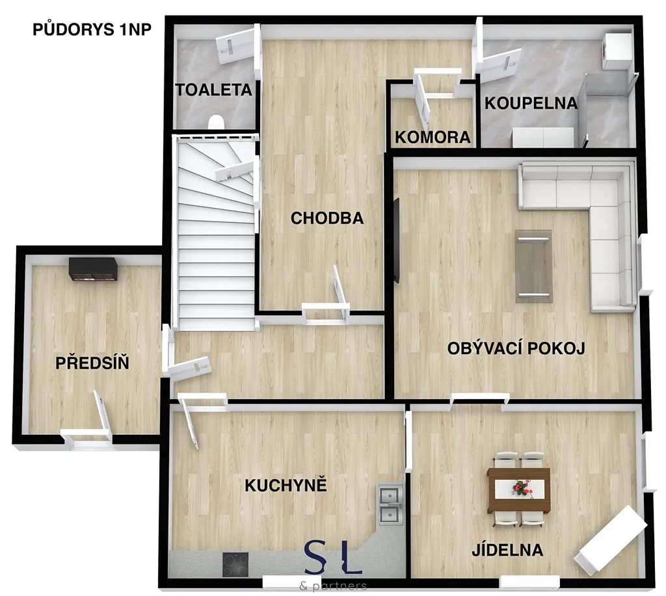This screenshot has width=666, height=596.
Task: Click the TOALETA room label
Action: point(213,90)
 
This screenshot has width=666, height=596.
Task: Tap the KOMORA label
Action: point(433,137)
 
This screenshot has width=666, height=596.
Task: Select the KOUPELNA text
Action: point(531,103)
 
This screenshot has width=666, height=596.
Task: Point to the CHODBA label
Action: point(327,218)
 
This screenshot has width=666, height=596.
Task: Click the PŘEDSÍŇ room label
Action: point(92,363)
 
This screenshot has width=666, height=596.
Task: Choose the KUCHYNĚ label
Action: point(286,486)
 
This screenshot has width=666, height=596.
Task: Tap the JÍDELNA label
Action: point(507,550)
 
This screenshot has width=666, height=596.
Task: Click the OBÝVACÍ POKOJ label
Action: point(516,348)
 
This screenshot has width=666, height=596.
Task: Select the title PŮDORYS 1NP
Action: point(92,29)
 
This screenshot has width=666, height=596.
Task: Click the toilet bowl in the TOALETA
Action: point(216,122)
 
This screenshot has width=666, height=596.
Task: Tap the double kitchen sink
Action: point(390,504)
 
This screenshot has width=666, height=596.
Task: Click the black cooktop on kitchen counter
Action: point(235,565)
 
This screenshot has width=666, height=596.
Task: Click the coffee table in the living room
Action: point(534,266)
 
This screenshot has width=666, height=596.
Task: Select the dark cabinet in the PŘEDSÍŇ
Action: point(94,270)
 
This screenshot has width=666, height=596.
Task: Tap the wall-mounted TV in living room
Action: point(396,240)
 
